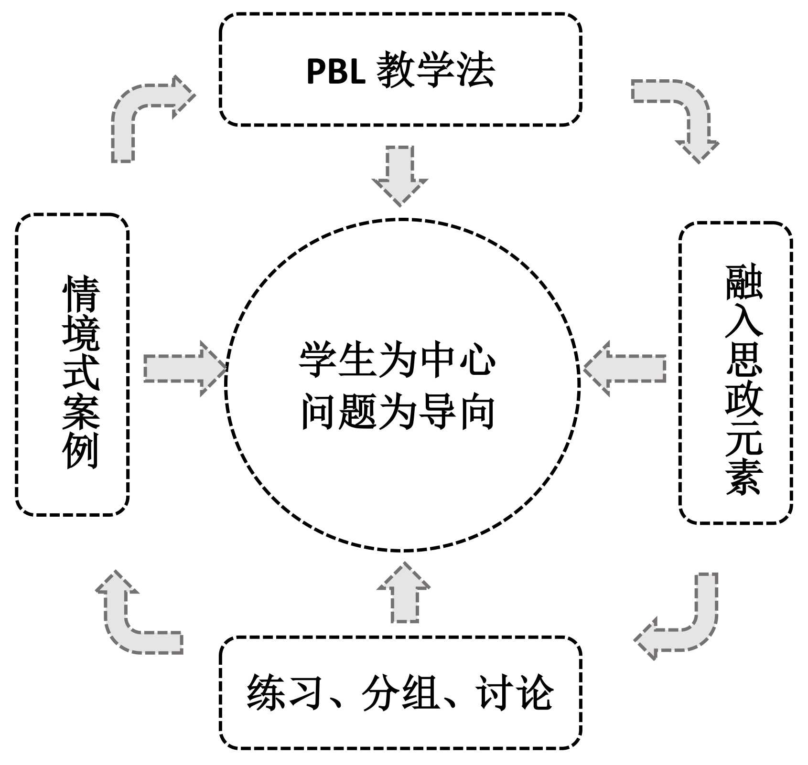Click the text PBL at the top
click(x=335, y=72)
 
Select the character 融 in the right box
click(x=744, y=283)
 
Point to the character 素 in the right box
click(x=743, y=478)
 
